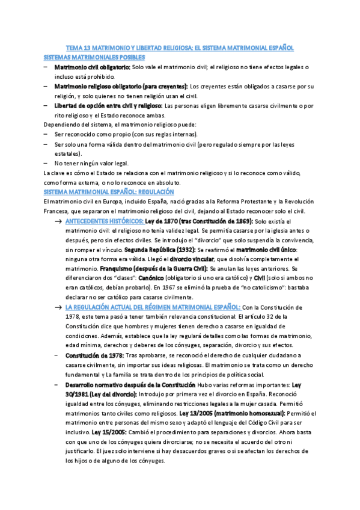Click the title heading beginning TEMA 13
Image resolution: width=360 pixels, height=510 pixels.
click(x=180, y=48)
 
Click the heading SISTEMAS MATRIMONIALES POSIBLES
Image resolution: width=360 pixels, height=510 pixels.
click(x=94, y=57)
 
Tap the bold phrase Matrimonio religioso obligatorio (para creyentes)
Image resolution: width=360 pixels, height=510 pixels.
click(x=121, y=87)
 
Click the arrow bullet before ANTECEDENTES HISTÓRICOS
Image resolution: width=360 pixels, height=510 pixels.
click(x=58, y=221)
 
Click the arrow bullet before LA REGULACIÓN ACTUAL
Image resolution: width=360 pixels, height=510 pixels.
click(x=58, y=307)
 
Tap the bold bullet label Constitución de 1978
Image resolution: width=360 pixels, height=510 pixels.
click(x=94, y=355)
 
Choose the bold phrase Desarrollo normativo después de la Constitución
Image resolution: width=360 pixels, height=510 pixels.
click(x=130, y=384)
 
